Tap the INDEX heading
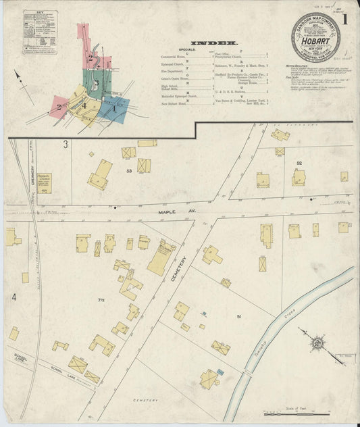click(x=213, y=43)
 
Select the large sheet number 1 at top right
click(x=345, y=20)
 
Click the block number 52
click(x=298, y=163)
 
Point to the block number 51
click(x=238, y=316)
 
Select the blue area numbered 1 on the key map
click(x=114, y=106)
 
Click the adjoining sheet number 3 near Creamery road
click(x=66, y=144)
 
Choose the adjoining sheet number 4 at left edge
click(x=13, y=296)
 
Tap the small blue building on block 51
click(x=203, y=314)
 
